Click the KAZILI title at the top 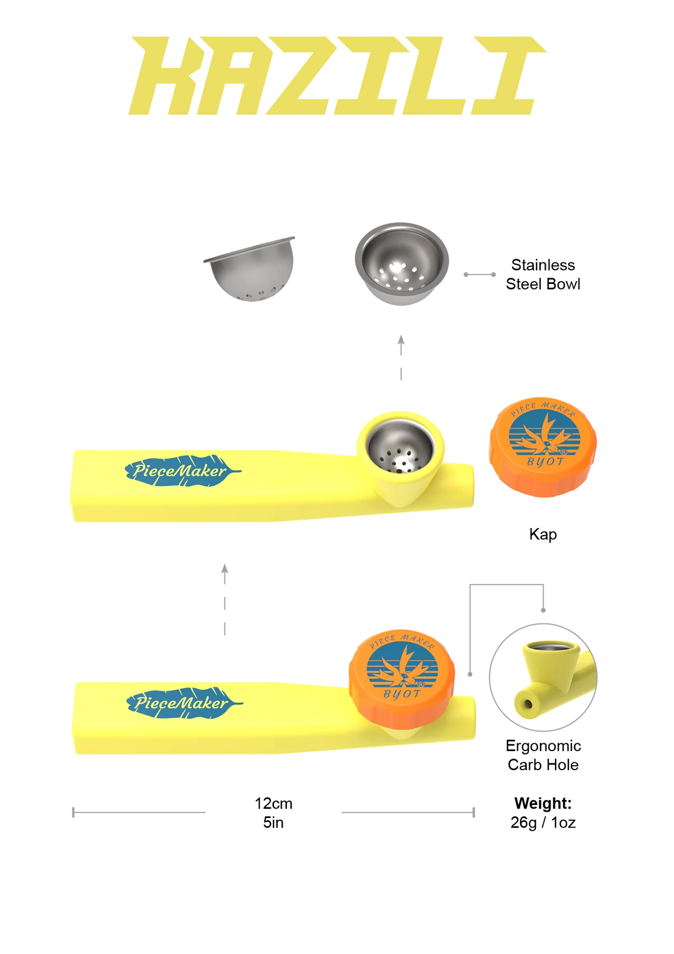pyautogui.click(x=337, y=76)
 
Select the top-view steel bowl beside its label pyautogui.click(x=402, y=263)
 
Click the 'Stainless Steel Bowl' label pyautogui.click(x=543, y=274)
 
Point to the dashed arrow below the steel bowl pyautogui.click(x=401, y=357)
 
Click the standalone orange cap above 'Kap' pyautogui.click(x=543, y=447)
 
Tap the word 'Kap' pyautogui.click(x=543, y=534)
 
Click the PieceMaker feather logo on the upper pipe pyautogui.click(x=183, y=471)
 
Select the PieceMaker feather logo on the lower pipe pyautogui.click(x=184, y=703)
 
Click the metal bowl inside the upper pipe pyautogui.click(x=400, y=447)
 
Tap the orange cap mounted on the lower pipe pyautogui.click(x=402, y=679)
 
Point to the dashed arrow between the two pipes pyautogui.click(x=225, y=600)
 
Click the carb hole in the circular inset pyautogui.click(x=528, y=704)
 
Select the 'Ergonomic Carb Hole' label pyautogui.click(x=543, y=755)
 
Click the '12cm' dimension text pyautogui.click(x=273, y=803)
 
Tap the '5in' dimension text pyautogui.click(x=273, y=822)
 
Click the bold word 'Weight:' pyautogui.click(x=543, y=803)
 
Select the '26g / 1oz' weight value pyautogui.click(x=543, y=822)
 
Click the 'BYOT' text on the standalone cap pyautogui.click(x=545, y=462)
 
